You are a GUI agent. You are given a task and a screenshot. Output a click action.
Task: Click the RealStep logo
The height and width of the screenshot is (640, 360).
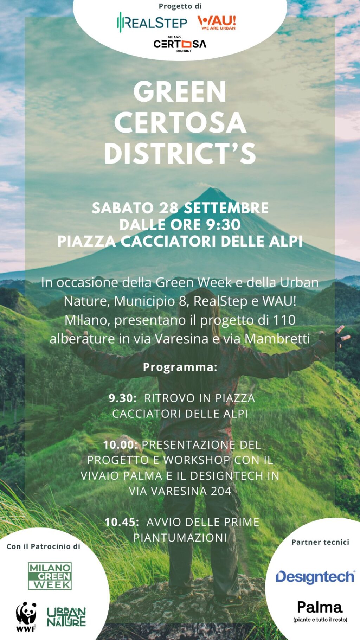(x=152, y=23)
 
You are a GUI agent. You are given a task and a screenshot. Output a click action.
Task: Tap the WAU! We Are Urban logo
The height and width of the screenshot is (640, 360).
(x=217, y=23)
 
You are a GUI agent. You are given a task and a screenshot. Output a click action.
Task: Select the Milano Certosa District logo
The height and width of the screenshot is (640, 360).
(x=180, y=44)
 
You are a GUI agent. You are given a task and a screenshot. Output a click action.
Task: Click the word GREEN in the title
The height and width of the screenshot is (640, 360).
(x=180, y=92)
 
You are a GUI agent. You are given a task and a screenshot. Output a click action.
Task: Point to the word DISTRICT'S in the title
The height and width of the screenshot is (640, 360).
(x=180, y=154)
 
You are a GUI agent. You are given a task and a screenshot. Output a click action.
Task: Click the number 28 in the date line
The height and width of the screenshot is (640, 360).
(x=168, y=208)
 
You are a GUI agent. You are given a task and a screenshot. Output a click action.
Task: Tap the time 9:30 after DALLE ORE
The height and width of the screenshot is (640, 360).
(x=223, y=225)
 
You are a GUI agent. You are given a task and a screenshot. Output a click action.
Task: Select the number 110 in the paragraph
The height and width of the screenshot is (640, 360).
(x=284, y=320)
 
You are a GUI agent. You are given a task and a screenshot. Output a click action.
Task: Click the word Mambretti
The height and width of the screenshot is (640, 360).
(x=277, y=339)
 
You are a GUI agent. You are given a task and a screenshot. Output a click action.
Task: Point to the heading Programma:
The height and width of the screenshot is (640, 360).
(x=180, y=367)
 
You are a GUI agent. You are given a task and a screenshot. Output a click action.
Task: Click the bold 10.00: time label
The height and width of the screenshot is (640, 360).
(x=120, y=444)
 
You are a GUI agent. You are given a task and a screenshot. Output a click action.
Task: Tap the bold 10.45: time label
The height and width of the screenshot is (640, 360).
(x=122, y=522)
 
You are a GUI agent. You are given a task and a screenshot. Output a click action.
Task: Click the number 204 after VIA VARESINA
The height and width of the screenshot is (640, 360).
(x=221, y=491)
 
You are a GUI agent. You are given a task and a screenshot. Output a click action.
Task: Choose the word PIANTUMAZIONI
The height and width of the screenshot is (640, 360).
(x=180, y=537)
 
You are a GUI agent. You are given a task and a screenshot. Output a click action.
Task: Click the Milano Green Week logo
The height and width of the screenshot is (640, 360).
(x=50, y=576)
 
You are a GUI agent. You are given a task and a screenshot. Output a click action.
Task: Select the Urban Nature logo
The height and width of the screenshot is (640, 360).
(x=66, y=617)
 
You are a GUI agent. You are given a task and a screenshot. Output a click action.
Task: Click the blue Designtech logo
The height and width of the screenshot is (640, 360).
(x=315, y=577)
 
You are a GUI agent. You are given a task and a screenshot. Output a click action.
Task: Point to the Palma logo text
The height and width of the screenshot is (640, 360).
(x=320, y=607)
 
